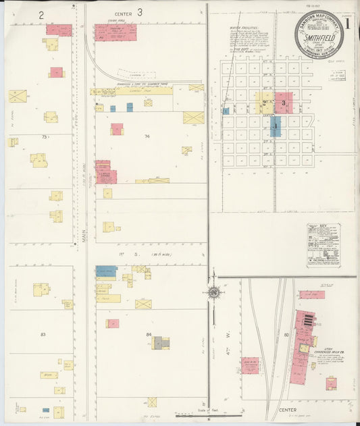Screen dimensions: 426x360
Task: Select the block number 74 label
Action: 146,136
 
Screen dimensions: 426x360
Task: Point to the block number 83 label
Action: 43,334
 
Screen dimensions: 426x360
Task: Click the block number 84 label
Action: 149,334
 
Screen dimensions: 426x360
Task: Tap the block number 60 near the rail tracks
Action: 286,334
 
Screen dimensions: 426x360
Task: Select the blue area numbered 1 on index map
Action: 275,126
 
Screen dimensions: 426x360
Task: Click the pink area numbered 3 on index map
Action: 284,103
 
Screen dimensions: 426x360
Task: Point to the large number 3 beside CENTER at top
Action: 139,12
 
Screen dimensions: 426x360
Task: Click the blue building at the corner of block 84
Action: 106,271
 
